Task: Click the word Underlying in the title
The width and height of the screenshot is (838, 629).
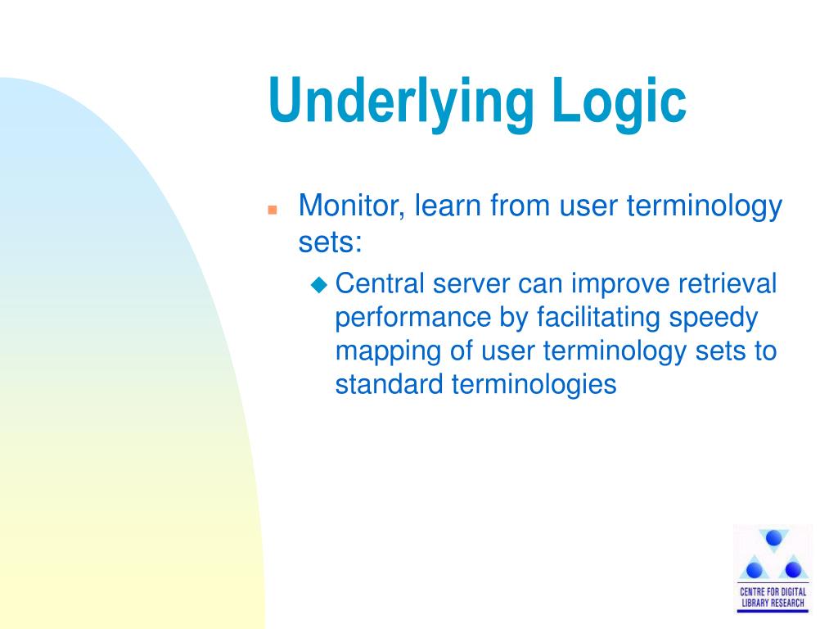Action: tap(401, 102)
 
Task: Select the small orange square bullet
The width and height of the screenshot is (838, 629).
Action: tap(273, 210)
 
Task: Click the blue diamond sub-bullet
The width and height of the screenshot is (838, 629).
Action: tap(319, 284)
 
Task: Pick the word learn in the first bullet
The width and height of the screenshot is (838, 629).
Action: tap(448, 206)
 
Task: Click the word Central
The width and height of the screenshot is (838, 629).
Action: tap(380, 283)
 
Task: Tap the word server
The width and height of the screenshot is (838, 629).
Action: tap(471, 284)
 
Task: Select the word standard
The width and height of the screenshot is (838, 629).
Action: tap(389, 384)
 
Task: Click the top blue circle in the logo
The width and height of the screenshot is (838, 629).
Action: tap(773, 537)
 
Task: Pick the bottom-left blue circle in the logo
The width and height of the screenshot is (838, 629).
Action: tap(754, 570)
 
